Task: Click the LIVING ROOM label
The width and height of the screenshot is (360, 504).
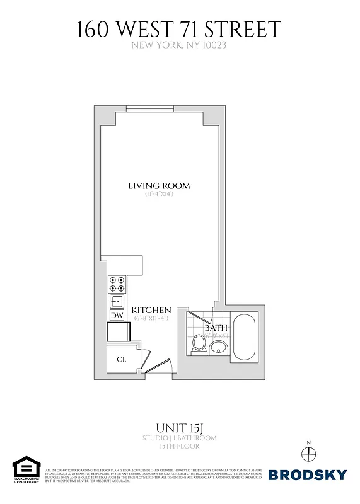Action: coord(159,186)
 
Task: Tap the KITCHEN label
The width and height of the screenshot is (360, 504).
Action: coord(151,310)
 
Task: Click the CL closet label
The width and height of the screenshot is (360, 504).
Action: coord(121,359)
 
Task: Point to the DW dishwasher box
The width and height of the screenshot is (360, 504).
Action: coord(117,315)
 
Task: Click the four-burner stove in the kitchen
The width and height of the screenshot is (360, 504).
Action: coord(117,283)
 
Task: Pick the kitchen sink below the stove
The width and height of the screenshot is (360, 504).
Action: coord(117,301)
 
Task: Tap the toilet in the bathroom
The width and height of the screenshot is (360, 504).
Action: coord(199,344)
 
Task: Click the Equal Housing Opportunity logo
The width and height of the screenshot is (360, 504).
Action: coord(26,469)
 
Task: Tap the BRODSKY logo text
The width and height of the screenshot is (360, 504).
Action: coord(308,474)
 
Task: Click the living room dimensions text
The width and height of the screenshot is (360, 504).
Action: coord(159,194)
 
